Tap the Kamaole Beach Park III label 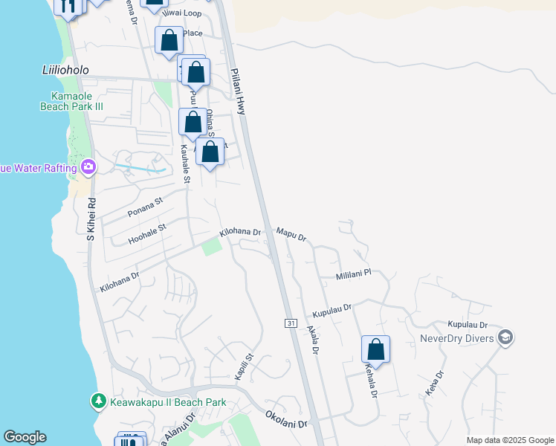tap(71, 101)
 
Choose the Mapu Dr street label tap(291, 234)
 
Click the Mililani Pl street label tap(353, 274)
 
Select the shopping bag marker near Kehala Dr tap(376, 349)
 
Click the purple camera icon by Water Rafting tap(88, 167)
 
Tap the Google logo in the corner tap(25, 437)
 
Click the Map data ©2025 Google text tap(509, 440)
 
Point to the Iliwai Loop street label tap(186, 13)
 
